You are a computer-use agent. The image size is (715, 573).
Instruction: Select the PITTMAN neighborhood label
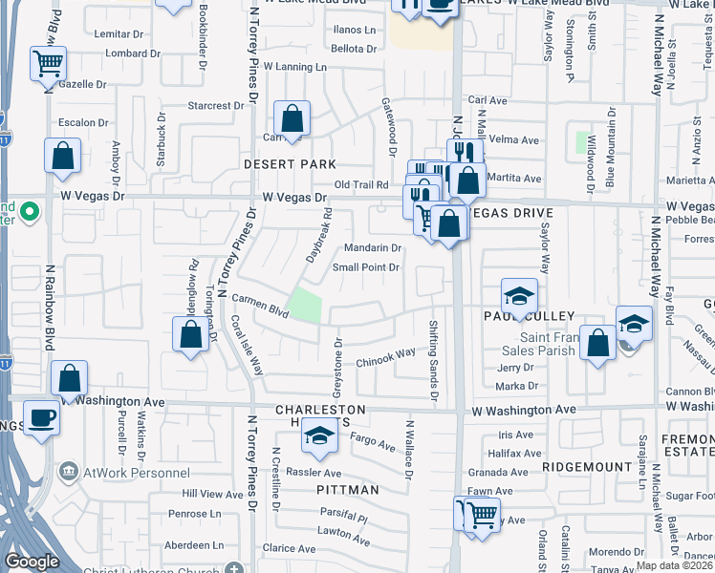(x=348, y=489)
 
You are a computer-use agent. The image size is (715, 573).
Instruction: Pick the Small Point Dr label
(x=365, y=267)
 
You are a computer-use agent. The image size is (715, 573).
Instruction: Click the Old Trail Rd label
(x=361, y=184)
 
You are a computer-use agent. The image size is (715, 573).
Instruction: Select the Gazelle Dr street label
(x=82, y=84)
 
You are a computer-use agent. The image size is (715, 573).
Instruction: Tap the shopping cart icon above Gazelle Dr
(x=47, y=65)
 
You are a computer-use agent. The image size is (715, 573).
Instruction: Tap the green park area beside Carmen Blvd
(x=305, y=305)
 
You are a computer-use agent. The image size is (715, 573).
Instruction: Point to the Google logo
(x=32, y=562)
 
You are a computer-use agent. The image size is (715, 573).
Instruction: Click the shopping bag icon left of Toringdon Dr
(x=190, y=334)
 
